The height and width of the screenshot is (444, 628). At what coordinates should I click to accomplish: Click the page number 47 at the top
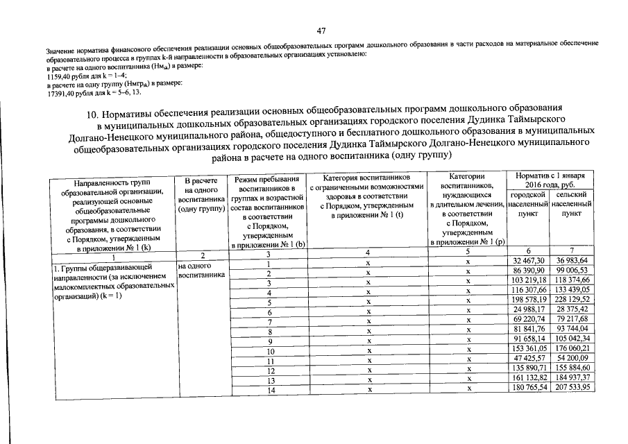tap(321, 31)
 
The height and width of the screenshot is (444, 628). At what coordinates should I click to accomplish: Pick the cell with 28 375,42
tap(572, 309)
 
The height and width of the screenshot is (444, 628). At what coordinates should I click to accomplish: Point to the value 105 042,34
tap(572, 339)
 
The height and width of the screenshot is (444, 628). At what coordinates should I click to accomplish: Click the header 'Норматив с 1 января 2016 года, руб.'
tap(550, 181)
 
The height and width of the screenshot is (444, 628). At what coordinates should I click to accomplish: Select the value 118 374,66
tap(572, 279)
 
